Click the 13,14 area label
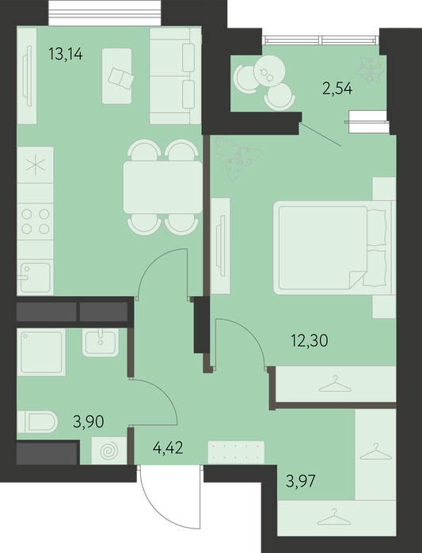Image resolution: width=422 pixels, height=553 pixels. (x=66, y=54)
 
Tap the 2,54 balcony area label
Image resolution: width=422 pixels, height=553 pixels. (x=337, y=89)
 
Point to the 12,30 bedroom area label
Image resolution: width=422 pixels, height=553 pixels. (x=310, y=341)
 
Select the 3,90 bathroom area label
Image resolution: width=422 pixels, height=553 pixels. (x=88, y=422)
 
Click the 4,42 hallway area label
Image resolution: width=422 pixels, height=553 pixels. (x=168, y=448)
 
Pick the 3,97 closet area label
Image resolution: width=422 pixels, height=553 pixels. (x=300, y=481)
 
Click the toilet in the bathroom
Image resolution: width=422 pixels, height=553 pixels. (x=37, y=422)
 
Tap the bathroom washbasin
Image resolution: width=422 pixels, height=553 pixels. (x=101, y=343)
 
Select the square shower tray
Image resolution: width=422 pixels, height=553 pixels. (x=41, y=352)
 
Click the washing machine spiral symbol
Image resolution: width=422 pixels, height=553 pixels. (x=109, y=451)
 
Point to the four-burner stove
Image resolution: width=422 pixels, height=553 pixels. (x=36, y=222)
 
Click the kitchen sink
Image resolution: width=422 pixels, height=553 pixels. (x=36, y=277)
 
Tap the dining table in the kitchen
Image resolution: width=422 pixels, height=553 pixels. (x=162, y=187)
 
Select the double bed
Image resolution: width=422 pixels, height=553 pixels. (x=334, y=248)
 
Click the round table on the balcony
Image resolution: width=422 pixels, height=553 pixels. (x=269, y=71)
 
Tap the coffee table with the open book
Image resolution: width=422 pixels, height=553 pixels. (x=117, y=76)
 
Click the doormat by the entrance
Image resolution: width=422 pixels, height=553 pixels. (x=236, y=452)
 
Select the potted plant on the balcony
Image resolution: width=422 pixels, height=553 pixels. (x=370, y=70)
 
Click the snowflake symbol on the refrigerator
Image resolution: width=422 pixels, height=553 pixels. (x=36, y=165)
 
